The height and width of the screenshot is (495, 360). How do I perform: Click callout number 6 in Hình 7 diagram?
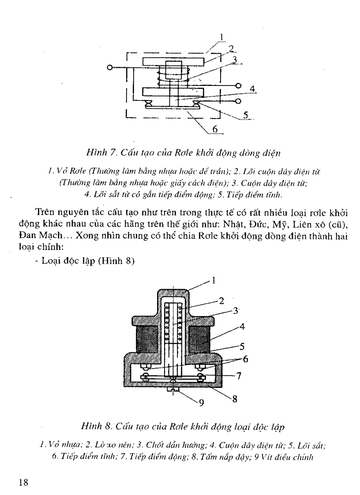click(215, 129)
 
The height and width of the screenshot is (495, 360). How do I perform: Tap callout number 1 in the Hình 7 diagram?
click(222, 38)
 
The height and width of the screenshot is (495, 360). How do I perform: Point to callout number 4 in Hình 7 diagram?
click(252, 89)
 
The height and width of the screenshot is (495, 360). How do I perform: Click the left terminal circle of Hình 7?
click(109, 67)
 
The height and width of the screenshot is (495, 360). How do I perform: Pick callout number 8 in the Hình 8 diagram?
click(235, 400)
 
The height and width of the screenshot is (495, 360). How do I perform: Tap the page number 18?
click(23, 482)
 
